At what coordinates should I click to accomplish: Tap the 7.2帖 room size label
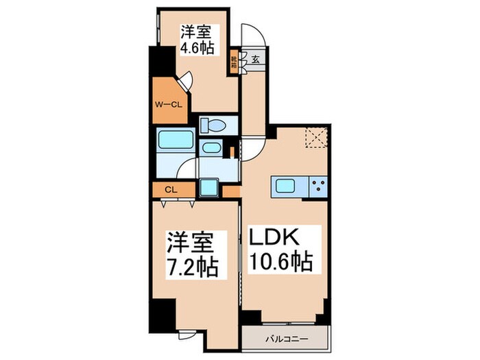coord(195,265)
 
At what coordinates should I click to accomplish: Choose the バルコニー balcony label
coord(285,339)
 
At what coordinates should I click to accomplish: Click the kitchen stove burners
coord(317,184)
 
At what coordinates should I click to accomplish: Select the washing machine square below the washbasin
coord(208,187)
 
